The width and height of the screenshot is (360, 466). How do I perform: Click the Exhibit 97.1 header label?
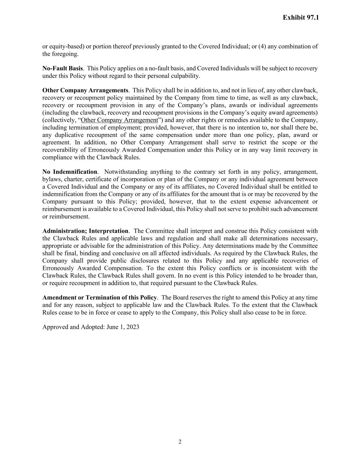pyautogui.click(x=301, y=17)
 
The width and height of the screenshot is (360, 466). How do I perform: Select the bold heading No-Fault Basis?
pyautogui.click(x=62, y=68)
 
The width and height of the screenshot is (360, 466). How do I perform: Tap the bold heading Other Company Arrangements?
pyautogui.click(x=85, y=90)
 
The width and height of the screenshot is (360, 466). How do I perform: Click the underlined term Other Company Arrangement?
pyautogui.click(x=119, y=120)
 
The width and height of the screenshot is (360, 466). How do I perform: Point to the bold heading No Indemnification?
pyautogui.click(x=70, y=172)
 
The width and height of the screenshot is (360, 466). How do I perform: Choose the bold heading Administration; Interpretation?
pyautogui.click(x=85, y=231)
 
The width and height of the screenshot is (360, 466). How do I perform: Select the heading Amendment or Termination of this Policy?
pyautogui.click(x=100, y=297)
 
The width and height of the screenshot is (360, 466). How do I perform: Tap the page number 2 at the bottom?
pyautogui.click(x=180, y=442)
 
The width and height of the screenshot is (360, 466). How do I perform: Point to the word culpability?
pyautogui.click(x=186, y=76)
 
